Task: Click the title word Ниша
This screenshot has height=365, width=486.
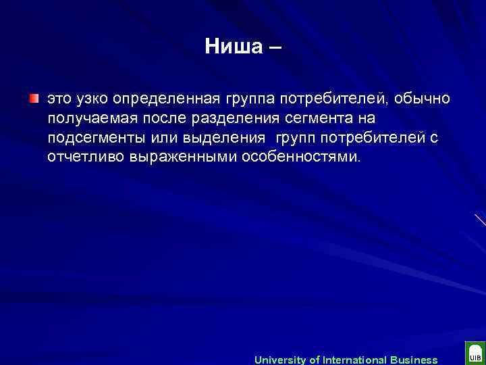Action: pyautogui.click(x=234, y=47)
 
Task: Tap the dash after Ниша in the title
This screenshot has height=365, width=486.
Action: pyautogui.click(x=275, y=47)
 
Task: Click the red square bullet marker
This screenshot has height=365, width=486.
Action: pyautogui.click(x=34, y=99)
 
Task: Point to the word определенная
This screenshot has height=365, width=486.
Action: pyautogui.click(x=163, y=99)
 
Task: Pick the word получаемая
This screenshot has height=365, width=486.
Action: pyautogui.click(x=86, y=118)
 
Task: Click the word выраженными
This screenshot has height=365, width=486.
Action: pyautogui.click(x=176, y=157)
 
